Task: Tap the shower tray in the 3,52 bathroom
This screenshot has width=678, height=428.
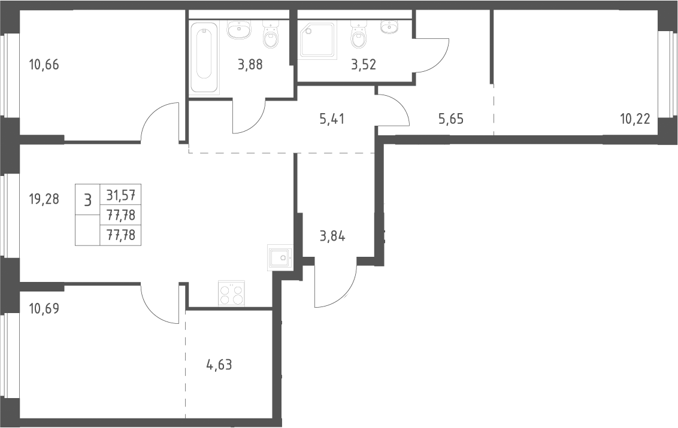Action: pyautogui.click(x=318, y=40)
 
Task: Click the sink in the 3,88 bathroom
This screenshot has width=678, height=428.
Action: pyautogui.click(x=238, y=31)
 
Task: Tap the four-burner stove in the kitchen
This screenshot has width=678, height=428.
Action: pyautogui.click(x=231, y=294)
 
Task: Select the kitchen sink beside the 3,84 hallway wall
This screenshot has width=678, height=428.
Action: pyautogui.click(x=280, y=258)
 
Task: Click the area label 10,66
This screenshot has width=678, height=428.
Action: pyautogui.click(x=44, y=65)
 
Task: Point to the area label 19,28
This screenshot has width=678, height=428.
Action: pyautogui.click(x=44, y=199)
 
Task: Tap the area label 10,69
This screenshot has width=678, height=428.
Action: pyautogui.click(x=44, y=309)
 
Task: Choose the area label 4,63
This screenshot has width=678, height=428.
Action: pyautogui.click(x=219, y=365)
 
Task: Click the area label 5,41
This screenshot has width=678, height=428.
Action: pyautogui.click(x=332, y=119)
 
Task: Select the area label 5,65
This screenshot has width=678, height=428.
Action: pyautogui.click(x=451, y=119)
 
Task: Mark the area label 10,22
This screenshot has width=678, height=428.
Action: pyautogui.click(x=635, y=119)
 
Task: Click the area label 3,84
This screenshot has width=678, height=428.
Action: pyautogui.click(x=332, y=236)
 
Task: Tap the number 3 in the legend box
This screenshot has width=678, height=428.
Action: pyautogui.click(x=88, y=200)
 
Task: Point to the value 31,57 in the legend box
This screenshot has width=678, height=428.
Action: pyautogui.click(x=120, y=195)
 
